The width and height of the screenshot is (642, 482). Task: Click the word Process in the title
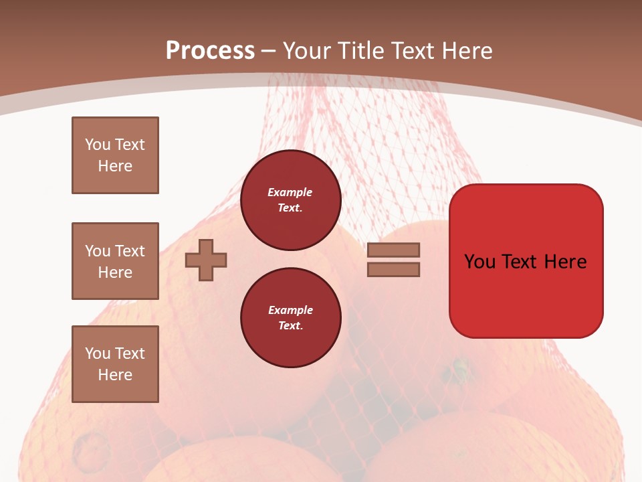click(x=210, y=51)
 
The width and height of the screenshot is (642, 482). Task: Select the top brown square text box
click(x=115, y=155)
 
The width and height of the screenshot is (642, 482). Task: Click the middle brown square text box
click(x=115, y=261)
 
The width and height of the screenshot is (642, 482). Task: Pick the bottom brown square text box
click(x=115, y=364)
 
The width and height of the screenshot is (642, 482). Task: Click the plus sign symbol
click(x=206, y=260)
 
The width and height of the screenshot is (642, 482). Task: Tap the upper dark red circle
click(x=290, y=200)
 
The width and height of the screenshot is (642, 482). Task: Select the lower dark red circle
click(x=290, y=318)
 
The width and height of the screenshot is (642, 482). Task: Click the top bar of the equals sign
click(x=393, y=250)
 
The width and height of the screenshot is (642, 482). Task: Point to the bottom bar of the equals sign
click(x=393, y=270)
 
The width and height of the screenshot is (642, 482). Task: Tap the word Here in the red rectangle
click(x=565, y=262)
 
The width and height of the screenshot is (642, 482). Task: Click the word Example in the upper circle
click(x=290, y=192)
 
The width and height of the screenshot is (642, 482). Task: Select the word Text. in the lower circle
click(x=290, y=326)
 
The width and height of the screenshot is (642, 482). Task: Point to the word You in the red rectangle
click(x=480, y=262)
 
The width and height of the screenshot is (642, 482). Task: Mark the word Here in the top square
click(x=115, y=166)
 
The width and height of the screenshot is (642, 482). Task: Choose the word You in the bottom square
click(x=98, y=353)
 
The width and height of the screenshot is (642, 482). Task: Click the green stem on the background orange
click(x=460, y=367)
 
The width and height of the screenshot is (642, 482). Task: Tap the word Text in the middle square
click(x=129, y=251)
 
